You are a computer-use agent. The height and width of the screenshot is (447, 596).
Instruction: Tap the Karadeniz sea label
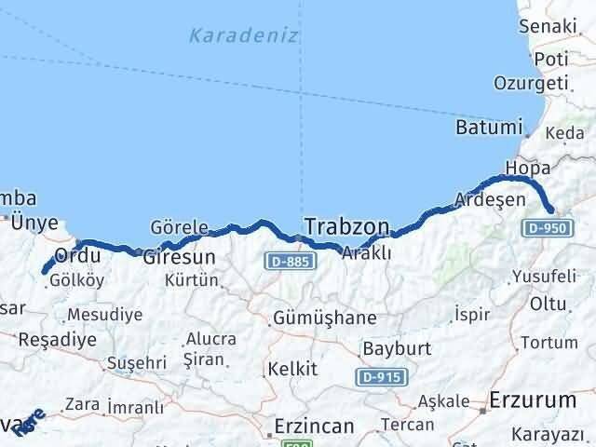(243, 36)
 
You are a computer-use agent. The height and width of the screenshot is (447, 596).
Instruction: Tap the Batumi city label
(488, 126)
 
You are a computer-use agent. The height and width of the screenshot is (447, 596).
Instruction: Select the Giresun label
(180, 256)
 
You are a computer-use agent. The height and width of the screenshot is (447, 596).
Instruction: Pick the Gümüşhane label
(325, 318)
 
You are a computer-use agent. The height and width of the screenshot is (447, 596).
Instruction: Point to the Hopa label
(521, 169)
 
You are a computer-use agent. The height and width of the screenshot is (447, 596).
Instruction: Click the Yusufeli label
(545, 277)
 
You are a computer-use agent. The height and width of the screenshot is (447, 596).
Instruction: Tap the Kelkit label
(292, 369)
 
